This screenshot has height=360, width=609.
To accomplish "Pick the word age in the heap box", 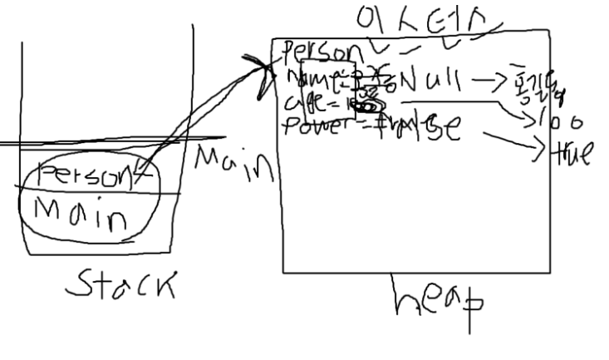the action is tap(307, 105).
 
